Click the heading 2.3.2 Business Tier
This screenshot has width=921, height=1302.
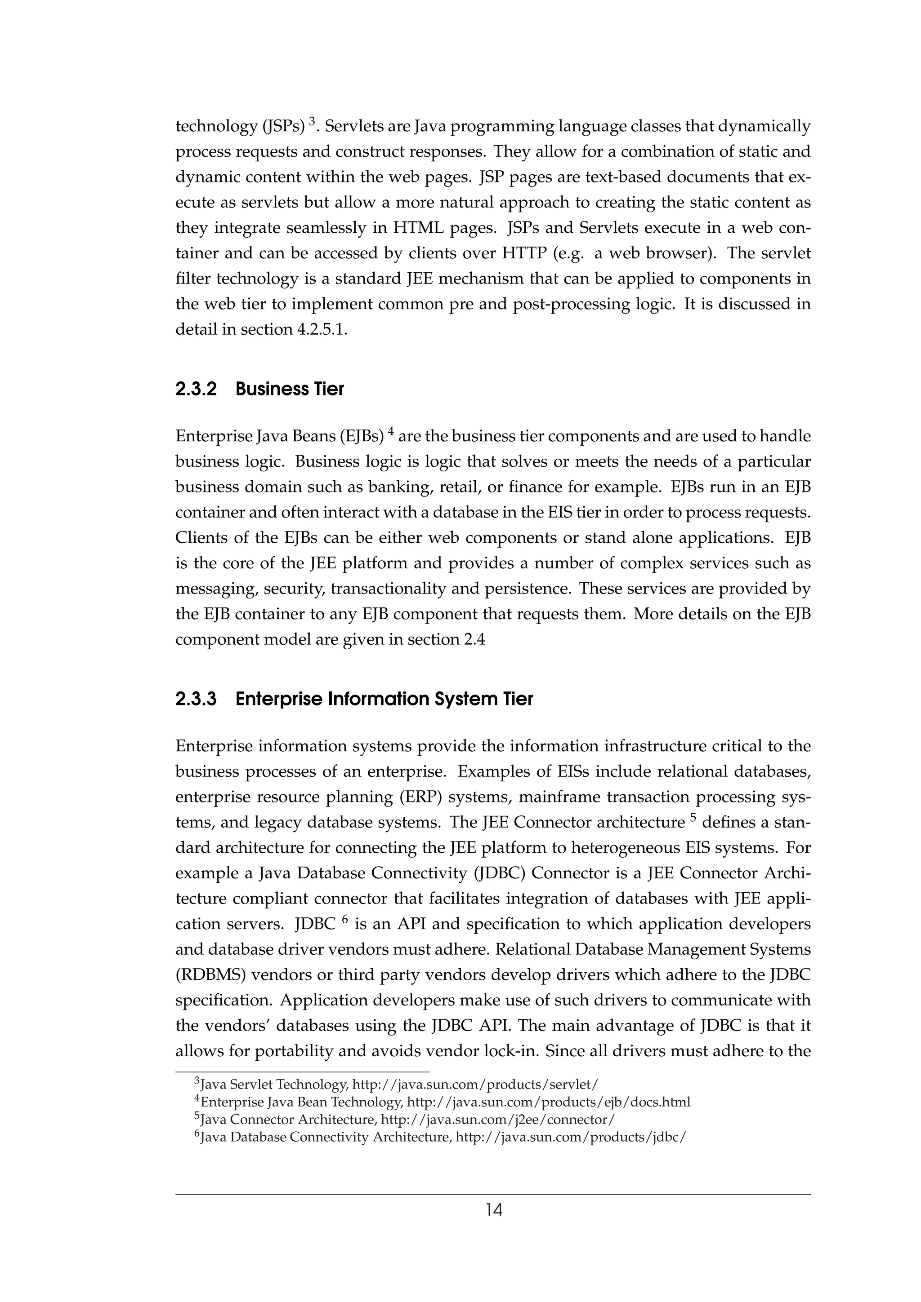[259, 389]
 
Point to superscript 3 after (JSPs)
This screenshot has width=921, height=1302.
[312, 121]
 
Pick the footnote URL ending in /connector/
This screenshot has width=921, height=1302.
[498, 1120]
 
